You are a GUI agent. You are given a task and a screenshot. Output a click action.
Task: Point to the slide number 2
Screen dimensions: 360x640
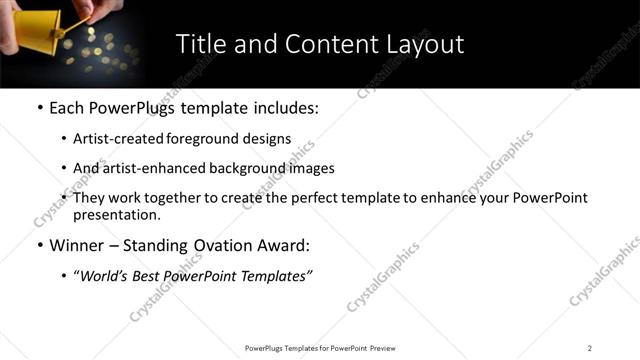pos(589,348)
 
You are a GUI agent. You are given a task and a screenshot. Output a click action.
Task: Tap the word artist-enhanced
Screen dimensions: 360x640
pos(150,168)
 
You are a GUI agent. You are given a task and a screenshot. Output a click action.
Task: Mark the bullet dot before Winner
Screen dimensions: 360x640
pos(39,246)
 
